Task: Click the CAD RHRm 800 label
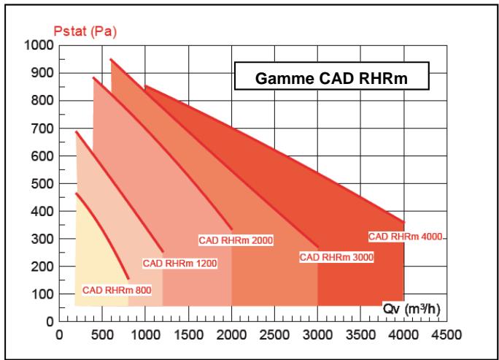117,290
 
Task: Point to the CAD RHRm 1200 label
179,263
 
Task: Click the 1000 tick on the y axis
40,46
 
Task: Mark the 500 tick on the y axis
43,184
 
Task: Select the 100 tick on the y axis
43,294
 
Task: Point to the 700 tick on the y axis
43,129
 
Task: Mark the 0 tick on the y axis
51,322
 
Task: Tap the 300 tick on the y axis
43,239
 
